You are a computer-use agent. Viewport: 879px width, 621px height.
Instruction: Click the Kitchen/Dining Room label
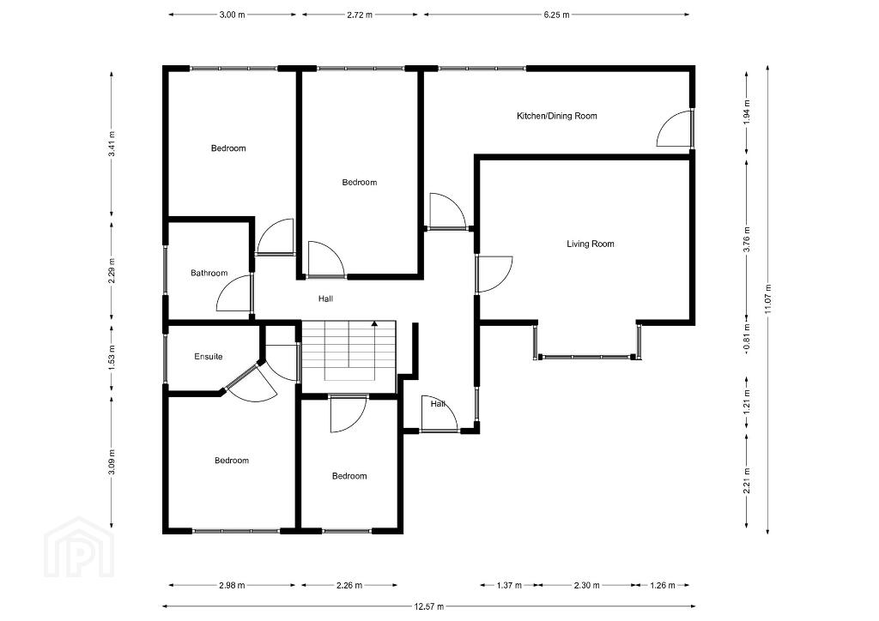[x=556, y=116]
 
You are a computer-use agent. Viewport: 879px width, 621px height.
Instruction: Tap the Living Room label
[x=591, y=244]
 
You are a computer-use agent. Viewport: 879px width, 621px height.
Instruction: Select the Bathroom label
[x=209, y=274]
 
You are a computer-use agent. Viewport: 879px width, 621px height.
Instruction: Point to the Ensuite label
[x=209, y=356]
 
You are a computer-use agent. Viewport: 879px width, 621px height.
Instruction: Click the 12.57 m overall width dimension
[x=429, y=606]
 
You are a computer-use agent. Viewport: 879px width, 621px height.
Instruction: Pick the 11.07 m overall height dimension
[x=767, y=299]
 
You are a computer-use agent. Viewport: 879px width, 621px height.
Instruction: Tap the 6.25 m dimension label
[x=556, y=15]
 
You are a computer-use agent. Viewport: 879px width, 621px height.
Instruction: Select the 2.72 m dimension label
[x=360, y=15]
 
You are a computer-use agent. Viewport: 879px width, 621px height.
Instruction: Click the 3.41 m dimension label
[x=112, y=144]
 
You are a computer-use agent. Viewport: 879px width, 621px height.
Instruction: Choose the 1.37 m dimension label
[x=509, y=585]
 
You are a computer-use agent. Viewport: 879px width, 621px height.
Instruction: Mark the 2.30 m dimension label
[x=586, y=585]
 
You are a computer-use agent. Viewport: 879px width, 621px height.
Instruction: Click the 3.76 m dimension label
[x=746, y=239]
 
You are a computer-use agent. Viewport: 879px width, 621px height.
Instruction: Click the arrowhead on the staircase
[x=374, y=323]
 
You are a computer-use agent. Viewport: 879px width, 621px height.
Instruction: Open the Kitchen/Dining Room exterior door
[x=675, y=129]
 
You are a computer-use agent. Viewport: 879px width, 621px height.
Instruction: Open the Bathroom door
[x=234, y=292]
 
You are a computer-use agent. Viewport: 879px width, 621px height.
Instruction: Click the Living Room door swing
[x=494, y=274]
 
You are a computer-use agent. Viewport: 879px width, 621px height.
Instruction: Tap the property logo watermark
[x=79, y=547]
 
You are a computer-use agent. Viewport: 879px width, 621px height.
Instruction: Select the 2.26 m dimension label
[x=349, y=585]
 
